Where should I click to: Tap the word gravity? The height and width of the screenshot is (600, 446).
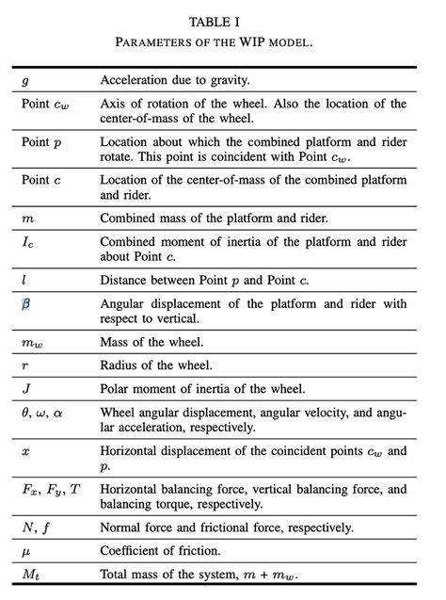pos(221,81)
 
